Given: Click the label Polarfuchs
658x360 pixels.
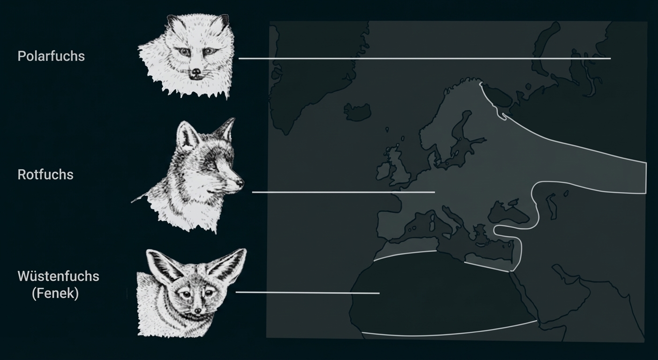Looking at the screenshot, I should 51,56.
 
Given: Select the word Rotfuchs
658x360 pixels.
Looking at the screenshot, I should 45,174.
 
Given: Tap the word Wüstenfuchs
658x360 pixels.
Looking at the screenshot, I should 58,276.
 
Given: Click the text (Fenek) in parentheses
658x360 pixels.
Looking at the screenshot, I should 55,293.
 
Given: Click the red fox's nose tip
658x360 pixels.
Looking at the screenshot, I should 241,183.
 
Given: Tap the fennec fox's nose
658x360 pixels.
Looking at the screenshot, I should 198,311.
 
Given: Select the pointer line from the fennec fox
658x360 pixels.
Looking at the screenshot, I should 307,292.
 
